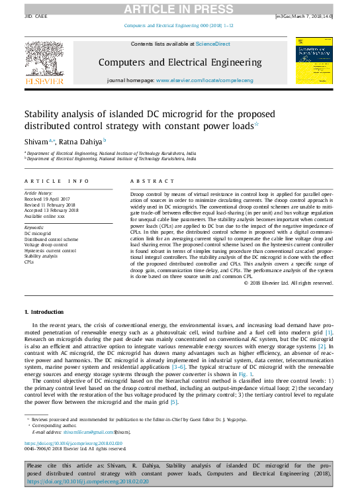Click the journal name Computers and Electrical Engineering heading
[x=179, y=62]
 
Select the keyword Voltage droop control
[x=46, y=245]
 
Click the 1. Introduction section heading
[x=44, y=311]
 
